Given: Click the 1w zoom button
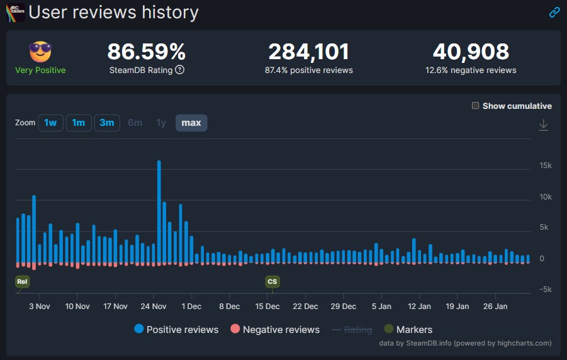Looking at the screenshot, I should pyautogui.click(x=50, y=123).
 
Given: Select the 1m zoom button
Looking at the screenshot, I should pyautogui.click(x=79, y=123).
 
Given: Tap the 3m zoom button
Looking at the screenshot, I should pyautogui.click(x=107, y=123).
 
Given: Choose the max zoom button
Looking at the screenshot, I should pyautogui.click(x=191, y=123).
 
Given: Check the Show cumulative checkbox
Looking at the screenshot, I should pyautogui.click(x=476, y=106).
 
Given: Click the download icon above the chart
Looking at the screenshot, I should pyautogui.click(x=544, y=125).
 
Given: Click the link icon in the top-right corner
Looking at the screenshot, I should pyautogui.click(x=554, y=12).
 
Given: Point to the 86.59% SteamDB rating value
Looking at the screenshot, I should pyautogui.click(x=146, y=52).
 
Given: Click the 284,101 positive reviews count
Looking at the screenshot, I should pyautogui.click(x=308, y=52).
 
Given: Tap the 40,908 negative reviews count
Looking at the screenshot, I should pyautogui.click(x=471, y=52).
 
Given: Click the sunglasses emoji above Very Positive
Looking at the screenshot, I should pyautogui.click(x=40, y=52).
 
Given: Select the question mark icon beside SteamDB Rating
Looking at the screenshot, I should pyautogui.click(x=179, y=70).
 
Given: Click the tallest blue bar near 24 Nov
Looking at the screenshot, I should pyautogui.click(x=159, y=211).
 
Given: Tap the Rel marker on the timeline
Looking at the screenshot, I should pyautogui.click(x=22, y=282).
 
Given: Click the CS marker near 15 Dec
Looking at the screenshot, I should pyautogui.click(x=272, y=282).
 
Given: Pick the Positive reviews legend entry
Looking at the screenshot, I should pyautogui.click(x=176, y=329).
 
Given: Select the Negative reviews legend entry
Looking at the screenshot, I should pyautogui.click(x=275, y=329).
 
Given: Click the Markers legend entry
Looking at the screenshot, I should pyautogui.click(x=408, y=329).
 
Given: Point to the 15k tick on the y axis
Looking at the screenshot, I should pyautogui.click(x=545, y=166).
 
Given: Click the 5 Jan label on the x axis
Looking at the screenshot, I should pyautogui.click(x=381, y=307).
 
